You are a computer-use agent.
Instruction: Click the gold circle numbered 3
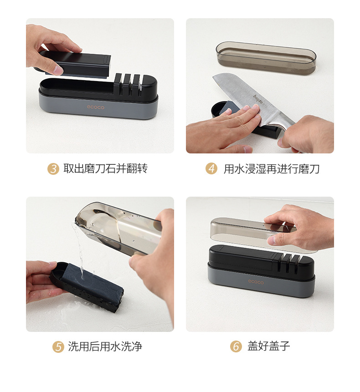(x=53, y=169)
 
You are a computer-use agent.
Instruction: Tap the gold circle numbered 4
(x=211, y=169)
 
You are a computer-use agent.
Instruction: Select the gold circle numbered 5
(x=58, y=347)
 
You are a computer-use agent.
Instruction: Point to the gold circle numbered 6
(x=236, y=347)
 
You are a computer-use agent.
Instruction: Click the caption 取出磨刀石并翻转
(x=105, y=169)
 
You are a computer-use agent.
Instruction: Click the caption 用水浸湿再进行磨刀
(x=272, y=169)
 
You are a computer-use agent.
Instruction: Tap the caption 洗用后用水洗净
(x=105, y=347)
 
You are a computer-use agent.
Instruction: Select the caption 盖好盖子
(x=269, y=347)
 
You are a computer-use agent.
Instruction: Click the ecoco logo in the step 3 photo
(x=96, y=107)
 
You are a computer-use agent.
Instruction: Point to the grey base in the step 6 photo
(x=260, y=285)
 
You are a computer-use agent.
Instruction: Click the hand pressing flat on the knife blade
(x=226, y=125)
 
